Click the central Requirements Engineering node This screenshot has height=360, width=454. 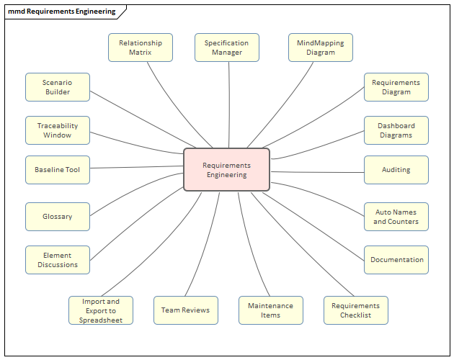226,170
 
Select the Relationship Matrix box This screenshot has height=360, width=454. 141,48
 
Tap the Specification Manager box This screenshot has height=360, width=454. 226,48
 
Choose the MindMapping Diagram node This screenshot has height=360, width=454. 320,48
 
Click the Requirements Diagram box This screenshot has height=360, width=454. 396,87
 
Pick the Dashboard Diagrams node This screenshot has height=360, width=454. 396,130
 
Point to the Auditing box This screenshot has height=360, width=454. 396,170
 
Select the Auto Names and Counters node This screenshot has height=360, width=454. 396,217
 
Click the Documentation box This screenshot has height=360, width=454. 396,260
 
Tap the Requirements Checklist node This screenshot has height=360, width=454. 355,310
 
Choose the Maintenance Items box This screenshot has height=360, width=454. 270,310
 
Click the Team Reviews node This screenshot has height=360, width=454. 185,310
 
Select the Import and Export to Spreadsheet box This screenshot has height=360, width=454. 101,310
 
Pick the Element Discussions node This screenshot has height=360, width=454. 58,260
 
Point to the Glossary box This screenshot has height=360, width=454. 58,217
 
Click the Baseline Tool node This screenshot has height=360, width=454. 58,170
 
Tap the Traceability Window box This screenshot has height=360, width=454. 58,130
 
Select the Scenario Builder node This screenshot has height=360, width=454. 58,87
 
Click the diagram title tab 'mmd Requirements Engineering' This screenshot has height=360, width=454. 61,12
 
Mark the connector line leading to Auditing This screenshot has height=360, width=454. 317,172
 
